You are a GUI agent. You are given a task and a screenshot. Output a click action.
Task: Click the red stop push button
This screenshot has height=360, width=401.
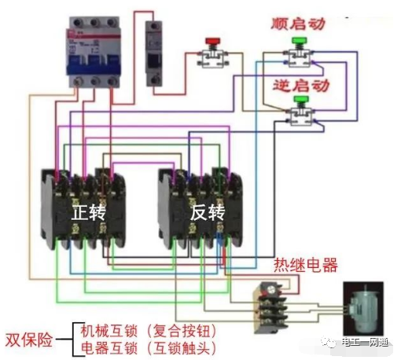(211, 42)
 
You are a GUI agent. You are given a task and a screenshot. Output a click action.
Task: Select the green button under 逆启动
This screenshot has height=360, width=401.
(299, 101)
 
